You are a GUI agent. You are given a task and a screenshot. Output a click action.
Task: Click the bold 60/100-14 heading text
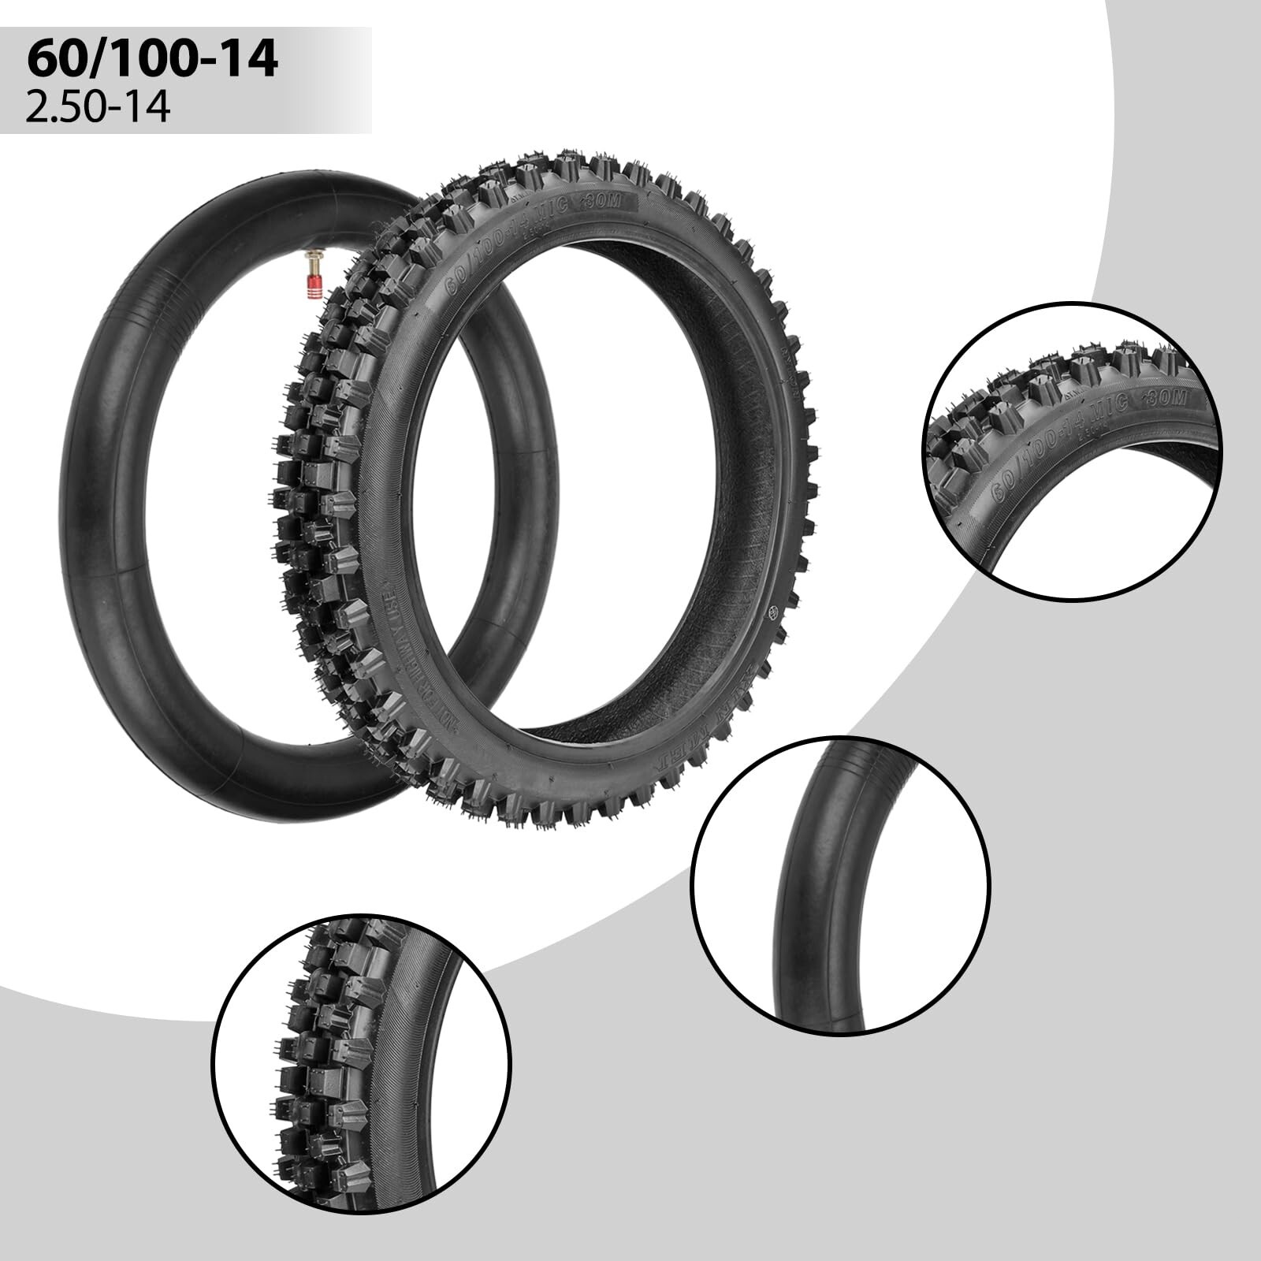tap(152, 60)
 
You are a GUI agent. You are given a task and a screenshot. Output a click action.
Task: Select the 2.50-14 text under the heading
tap(98, 106)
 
